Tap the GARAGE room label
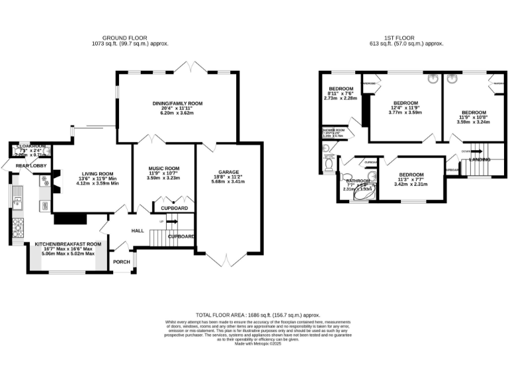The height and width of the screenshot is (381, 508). click(x=229, y=172)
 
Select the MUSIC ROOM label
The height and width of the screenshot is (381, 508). click(x=163, y=169)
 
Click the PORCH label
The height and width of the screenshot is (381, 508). click(x=122, y=262)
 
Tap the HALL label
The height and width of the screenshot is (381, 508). click(x=138, y=231)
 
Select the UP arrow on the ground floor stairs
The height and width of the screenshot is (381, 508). click(x=162, y=222)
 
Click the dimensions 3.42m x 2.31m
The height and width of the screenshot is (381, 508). click(x=410, y=183)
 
